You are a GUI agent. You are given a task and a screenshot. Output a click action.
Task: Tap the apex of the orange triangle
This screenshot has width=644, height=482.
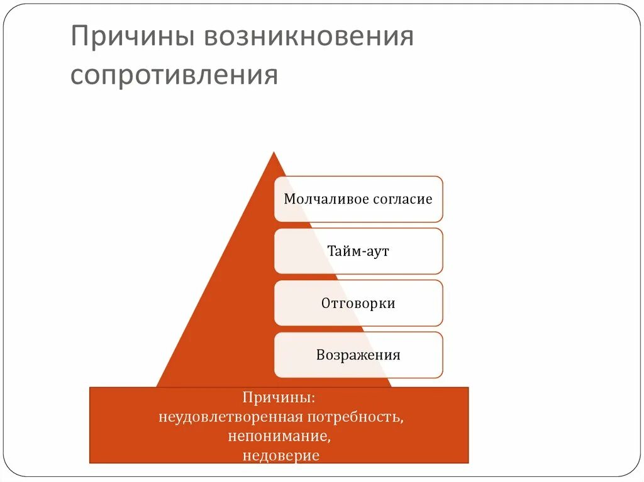point(274,153)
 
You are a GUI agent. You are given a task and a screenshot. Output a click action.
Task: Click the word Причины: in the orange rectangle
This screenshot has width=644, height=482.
point(279,398)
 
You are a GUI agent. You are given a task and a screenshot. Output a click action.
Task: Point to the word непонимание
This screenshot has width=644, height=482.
point(279,435)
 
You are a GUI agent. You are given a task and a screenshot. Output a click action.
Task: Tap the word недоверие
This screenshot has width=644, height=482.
point(280,454)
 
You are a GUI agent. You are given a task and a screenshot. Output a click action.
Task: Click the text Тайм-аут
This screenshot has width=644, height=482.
point(358,251)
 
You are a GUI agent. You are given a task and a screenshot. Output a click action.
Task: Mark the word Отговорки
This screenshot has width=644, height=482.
point(358,304)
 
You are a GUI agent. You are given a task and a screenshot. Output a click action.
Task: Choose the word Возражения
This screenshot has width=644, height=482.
point(358,355)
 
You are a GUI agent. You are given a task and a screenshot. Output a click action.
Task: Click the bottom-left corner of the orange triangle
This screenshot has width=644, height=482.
point(157,386)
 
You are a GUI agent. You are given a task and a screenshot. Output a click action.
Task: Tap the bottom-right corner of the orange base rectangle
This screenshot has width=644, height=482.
point(469,463)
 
